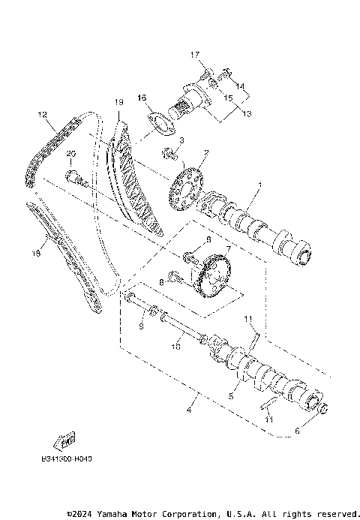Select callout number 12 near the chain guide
tap(42, 115)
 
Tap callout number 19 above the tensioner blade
tap(118, 102)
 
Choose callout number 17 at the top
tap(193, 55)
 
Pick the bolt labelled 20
tap(75, 179)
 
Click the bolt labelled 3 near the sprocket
tap(169, 155)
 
